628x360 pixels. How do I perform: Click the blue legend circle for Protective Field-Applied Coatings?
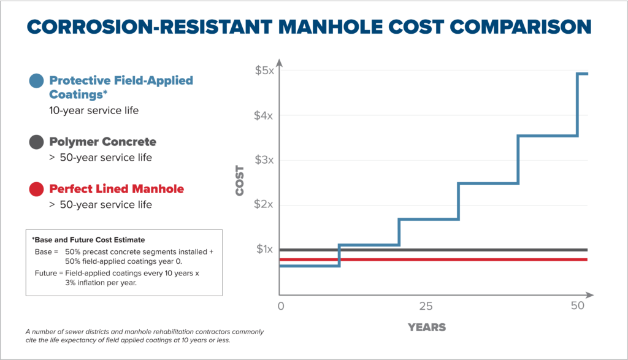point(36,80)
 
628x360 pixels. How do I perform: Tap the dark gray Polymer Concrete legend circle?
point(36,142)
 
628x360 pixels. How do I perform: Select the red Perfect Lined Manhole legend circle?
point(36,189)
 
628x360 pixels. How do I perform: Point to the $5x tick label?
point(264,70)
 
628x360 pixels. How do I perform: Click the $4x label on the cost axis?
point(264,115)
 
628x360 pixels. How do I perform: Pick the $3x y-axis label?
point(264,159)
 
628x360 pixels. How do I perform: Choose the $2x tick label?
point(264,204)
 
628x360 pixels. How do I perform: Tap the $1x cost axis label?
point(264,249)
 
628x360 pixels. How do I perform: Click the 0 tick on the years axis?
point(281,305)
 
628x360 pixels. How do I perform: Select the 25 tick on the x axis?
point(426,305)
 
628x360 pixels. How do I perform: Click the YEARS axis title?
point(427,327)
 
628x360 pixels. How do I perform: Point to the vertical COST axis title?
point(240,180)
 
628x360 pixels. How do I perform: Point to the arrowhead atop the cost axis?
point(280,62)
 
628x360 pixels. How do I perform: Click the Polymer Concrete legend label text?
point(102,142)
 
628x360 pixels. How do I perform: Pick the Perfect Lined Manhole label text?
point(116,189)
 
